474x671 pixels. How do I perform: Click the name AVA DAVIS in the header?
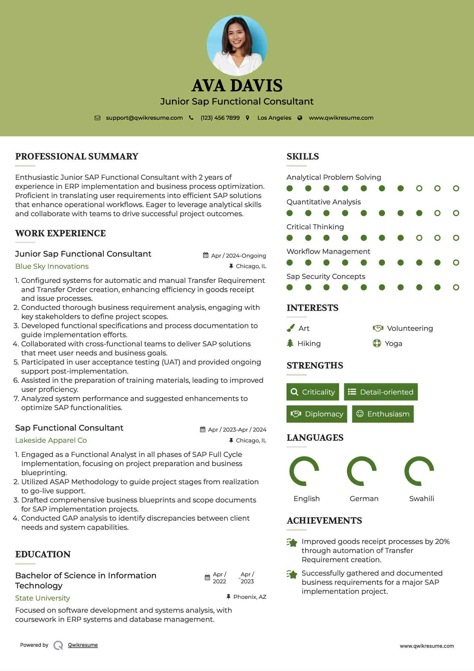click(x=237, y=86)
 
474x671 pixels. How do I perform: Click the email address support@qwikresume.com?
click(x=144, y=118)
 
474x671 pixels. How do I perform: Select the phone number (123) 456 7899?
click(x=220, y=118)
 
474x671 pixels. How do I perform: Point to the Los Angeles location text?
click(x=274, y=118)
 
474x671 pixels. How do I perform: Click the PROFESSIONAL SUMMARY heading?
click(x=77, y=156)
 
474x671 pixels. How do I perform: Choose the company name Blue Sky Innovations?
click(x=52, y=266)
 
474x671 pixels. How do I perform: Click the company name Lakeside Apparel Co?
click(x=51, y=440)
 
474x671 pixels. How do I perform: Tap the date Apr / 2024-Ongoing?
click(x=239, y=256)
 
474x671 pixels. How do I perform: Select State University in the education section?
click(x=43, y=598)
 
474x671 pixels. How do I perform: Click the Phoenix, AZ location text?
click(x=250, y=597)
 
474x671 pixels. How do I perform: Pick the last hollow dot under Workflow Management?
click(x=456, y=263)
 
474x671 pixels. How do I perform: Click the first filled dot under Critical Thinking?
click(x=290, y=238)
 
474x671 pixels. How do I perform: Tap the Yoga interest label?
click(x=393, y=344)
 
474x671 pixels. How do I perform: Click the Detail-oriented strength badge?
click(x=381, y=392)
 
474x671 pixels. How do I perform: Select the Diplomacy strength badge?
click(x=317, y=414)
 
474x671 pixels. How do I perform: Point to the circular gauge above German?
click(x=362, y=471)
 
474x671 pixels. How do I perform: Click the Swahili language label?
click(x=421, y=499)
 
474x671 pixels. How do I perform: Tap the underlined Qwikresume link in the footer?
click(x=83, y=645)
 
